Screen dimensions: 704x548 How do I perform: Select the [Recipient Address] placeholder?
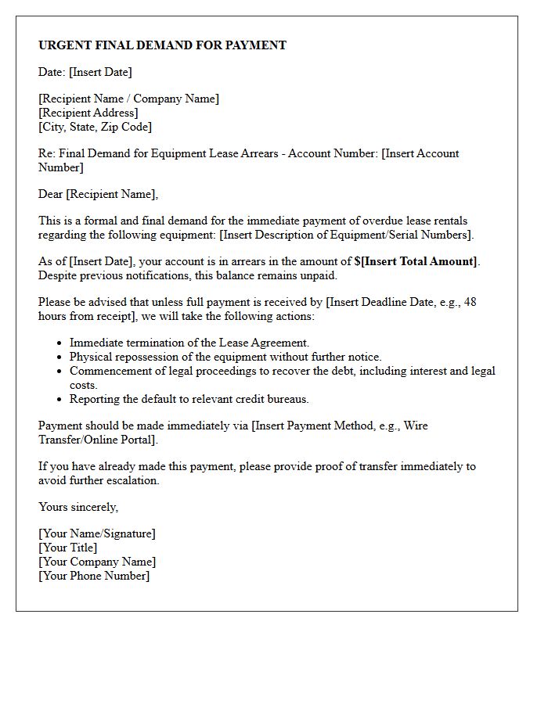pos(88,113)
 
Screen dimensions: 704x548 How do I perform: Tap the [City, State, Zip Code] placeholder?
pos(95,127)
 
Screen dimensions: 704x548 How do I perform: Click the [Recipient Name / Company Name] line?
pos(128,99)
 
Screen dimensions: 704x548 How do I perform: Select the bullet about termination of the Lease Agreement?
pos(189,343)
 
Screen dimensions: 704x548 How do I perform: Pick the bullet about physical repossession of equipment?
pos(225,357)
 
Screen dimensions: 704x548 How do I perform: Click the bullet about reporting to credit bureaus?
pos(189,399)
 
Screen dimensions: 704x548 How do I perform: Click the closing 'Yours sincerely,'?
pos(78,507)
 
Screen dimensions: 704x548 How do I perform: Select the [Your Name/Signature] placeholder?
pos(97,533)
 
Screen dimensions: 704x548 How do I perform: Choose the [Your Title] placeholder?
pos(68,548)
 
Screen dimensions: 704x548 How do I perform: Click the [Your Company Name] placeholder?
pos(97,562)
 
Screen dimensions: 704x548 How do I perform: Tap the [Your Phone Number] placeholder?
pos(94,576)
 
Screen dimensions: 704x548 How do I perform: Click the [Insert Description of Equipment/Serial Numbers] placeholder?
pos(348,235)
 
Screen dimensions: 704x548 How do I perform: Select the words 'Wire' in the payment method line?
pos(414,426)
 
